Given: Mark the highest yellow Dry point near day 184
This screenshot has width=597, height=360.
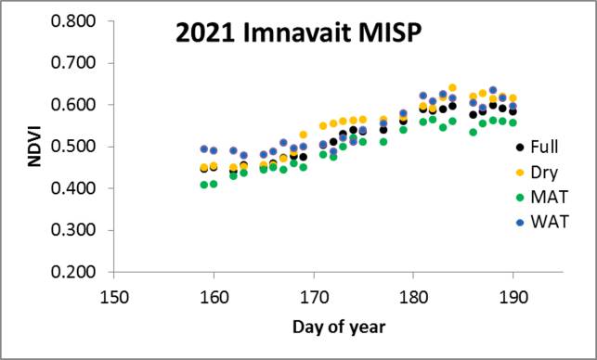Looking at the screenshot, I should coord(453,88).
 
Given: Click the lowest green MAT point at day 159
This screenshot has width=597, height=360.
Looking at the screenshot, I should coord(203,185).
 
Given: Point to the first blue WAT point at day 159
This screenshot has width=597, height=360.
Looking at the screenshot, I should coord(203,148).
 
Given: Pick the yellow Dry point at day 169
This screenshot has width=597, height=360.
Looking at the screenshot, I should coord(303,135).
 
